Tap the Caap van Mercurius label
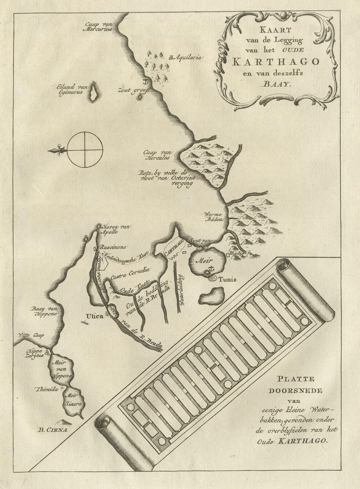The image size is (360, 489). [99, 28]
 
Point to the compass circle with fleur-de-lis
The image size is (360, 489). [85, 150]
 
